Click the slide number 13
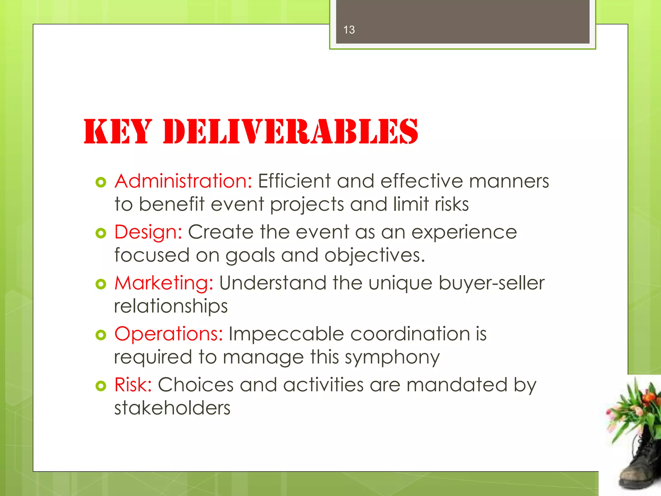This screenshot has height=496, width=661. (x=349, y=30)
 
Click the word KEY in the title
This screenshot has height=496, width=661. (x=118, y=131)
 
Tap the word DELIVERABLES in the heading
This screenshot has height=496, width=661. (x=290, y=131)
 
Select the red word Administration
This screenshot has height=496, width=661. (x=183, y=181)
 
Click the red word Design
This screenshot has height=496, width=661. (x=148, y=232)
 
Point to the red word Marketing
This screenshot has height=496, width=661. (x=164, y=283)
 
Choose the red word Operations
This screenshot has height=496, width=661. (x=168, y=334)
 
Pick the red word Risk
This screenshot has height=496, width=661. (x=133, y=385)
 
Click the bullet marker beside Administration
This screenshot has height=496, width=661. (x=101, y=182)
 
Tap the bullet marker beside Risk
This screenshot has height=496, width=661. (x=101, y=386)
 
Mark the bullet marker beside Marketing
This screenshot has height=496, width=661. (x=101, y=284)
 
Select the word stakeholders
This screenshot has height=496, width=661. (x=172, y=408)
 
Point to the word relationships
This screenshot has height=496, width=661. (x=171, y=306)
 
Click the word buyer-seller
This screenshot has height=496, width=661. (x=491, y=283)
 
